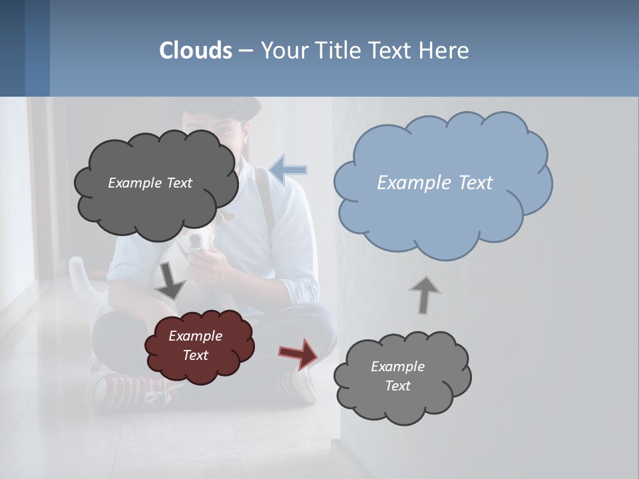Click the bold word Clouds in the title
coord(196,51)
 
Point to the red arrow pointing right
coord(300,353)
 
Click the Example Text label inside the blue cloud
coord(435,183)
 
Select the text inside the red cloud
coord(195,345)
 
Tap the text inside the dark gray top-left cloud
coord(150,183)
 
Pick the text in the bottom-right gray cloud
coord(397,376)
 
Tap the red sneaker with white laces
coord(123,389)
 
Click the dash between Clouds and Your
coord(246,51)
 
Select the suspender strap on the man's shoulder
coord(266,200)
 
